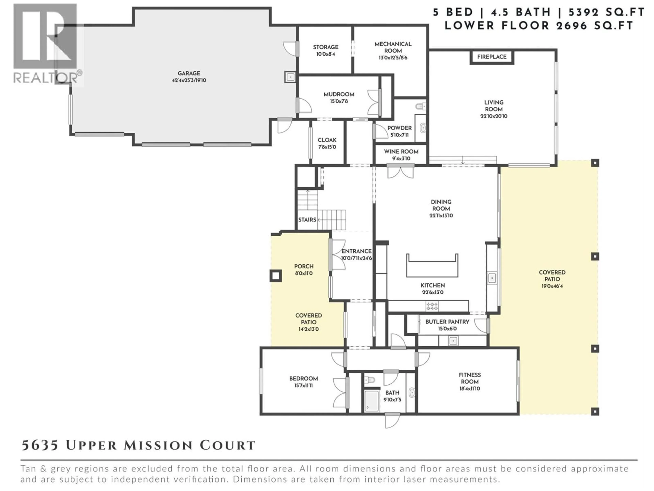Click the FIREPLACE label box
tap(492, 57)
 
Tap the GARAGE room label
tap(189, 73)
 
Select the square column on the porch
tap(275, 276)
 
